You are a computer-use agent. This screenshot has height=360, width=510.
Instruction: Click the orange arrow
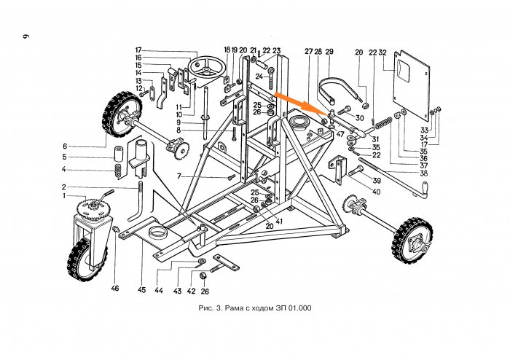[299, 102]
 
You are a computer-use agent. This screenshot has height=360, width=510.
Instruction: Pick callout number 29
[329, 52]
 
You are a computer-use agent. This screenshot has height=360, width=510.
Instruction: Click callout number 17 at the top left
[137, 50]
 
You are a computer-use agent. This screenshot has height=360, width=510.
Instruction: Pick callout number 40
[377, 192]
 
